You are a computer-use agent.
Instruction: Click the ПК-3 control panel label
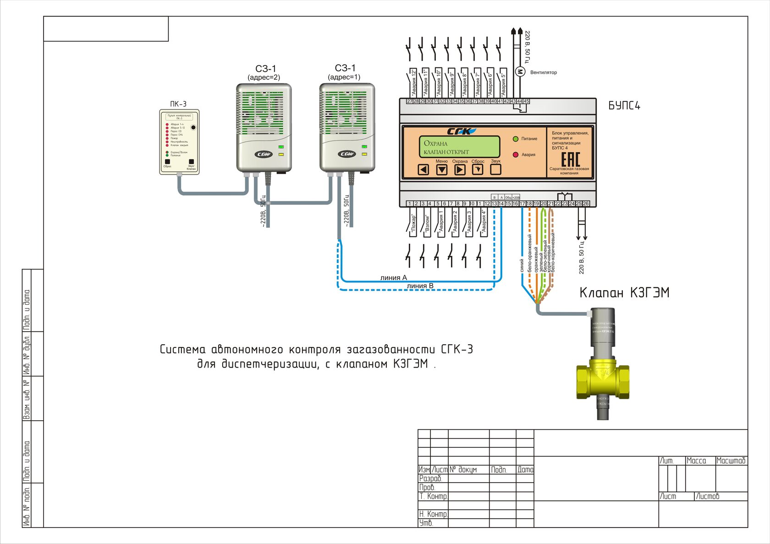(178, 104)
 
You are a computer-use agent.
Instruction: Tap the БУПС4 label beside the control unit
(624, 106)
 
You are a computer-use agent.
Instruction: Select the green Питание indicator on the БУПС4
(516, 139)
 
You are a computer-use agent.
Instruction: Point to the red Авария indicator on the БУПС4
(516, 155)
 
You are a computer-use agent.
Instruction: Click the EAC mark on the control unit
(571, 159)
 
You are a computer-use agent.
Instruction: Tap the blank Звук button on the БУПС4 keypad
(495, 169)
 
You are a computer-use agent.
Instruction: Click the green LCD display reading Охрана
(459, 147)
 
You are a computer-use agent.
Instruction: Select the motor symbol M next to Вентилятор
(520, 71)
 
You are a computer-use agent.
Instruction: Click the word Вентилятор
(544, 72)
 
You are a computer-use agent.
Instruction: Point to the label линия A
(393, 278)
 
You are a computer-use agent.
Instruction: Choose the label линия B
(420, 286)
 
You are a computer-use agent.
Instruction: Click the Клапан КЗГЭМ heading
(624, 293)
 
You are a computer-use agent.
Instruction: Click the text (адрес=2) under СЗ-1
(264, 77)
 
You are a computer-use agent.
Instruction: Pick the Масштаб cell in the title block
(731, 461)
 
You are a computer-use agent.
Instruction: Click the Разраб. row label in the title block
(430, 478)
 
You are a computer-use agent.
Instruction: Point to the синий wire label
(522, 265)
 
